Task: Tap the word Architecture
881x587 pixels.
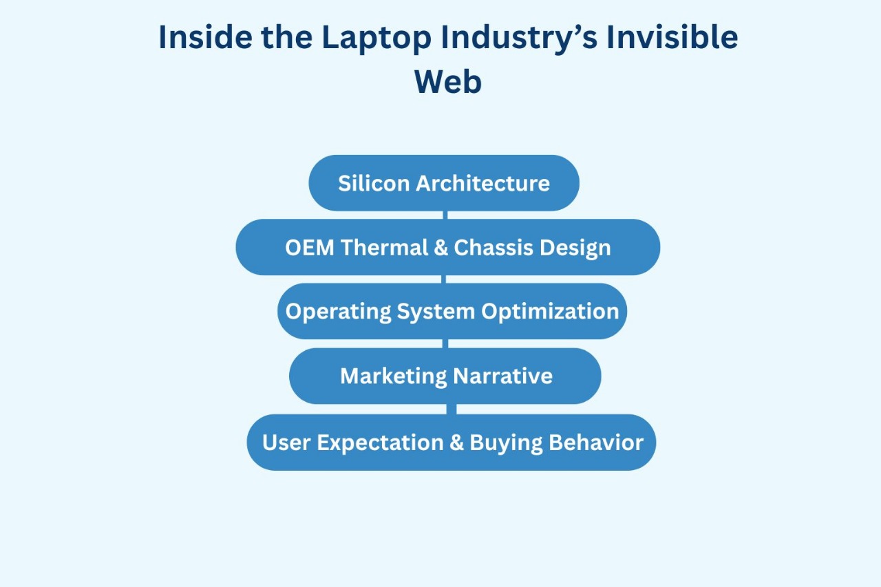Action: [x=482, y=183]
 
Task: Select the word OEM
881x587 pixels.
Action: [x=310, y=248]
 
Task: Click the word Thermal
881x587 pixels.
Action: [x=384, y=248]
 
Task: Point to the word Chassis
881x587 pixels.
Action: [x=493, y=248]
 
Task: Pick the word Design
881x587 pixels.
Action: [x=575, y=248]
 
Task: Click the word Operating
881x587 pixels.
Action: [x=338, y=312]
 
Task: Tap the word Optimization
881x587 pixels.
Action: [x=550, y=312]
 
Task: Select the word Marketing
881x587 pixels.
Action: [x=393, y=376]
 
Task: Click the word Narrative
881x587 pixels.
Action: [x=503, y=376]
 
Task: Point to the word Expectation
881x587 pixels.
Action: [x=381, y=443]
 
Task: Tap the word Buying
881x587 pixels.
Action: [x=506, y=443]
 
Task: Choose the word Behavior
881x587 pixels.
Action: [x=596, y=442]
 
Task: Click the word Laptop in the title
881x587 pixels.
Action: [x=376, y=39]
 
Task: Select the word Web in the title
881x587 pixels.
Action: [x=448, y=81]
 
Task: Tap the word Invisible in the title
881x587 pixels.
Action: [x=672, y=37]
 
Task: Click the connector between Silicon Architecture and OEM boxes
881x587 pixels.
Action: [x=445, y=215]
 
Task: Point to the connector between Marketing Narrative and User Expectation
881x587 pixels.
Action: [x=452, y=409]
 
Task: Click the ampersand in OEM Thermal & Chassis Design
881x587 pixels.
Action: [x=441, y=248]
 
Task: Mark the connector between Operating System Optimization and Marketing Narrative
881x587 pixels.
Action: [x=445, y=343]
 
